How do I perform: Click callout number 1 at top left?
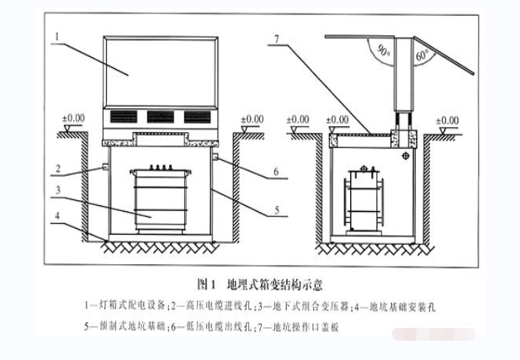(56, 36)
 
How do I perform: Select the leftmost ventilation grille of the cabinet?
(120, 117)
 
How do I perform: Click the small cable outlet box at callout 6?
(215, 157)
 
